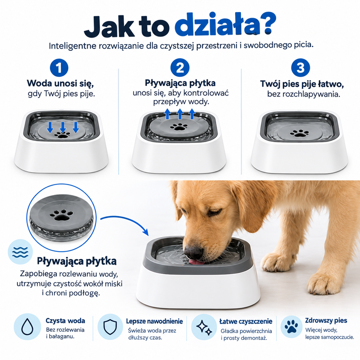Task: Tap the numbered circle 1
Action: (x=59, y=68)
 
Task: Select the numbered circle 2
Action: (x=180, y=68)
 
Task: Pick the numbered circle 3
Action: (x=300, y=68)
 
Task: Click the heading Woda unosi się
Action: (x=60, y=83)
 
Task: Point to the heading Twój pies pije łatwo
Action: (x=302, y=84)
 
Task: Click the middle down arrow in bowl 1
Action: (x=63, y=127)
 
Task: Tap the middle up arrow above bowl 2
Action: (x=180, y=114)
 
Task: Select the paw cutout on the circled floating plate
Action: (x=62, y=215)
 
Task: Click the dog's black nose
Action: (x=193, y=252)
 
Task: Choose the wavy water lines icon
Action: (x=20, y=252)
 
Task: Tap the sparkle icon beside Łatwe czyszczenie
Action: (x=204, y=327)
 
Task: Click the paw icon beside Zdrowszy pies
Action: (x=291, y=327)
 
